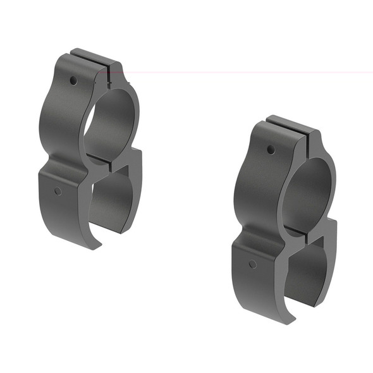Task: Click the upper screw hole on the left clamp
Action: click(73, 81)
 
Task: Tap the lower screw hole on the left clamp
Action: click(58, 191)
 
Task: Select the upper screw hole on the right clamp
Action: click(271, 150)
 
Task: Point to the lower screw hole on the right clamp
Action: click(252, 264)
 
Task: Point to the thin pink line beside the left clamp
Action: click(253, 72)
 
